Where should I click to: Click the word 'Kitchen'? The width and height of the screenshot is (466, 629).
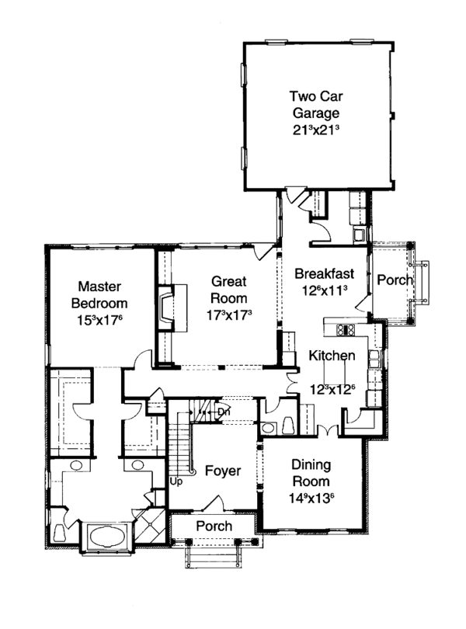point(332,356)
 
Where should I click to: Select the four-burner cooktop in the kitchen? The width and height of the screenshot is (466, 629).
point(345,330)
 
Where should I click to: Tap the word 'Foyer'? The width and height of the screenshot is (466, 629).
point(221,471)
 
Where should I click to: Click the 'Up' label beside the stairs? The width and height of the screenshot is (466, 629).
point(176,481)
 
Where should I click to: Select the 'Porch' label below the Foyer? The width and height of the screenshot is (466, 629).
point(213,526)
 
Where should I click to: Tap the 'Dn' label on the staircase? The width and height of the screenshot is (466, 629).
point(223,412)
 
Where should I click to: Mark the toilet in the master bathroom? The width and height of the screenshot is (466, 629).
point(60,532)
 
